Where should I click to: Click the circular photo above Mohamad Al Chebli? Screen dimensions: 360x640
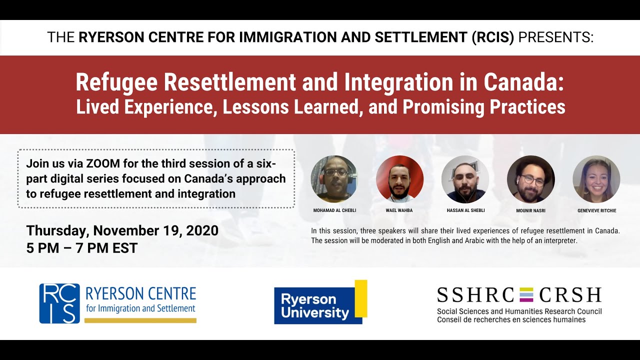334,179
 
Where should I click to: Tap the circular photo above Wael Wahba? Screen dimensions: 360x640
399,179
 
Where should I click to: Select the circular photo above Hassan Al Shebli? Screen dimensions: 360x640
465,179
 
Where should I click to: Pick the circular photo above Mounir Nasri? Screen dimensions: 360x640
530,179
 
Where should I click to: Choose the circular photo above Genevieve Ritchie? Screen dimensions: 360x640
596,179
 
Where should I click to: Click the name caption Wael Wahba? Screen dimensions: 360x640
399,210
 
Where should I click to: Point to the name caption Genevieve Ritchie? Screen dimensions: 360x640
596,210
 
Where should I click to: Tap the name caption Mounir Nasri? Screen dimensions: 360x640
530,210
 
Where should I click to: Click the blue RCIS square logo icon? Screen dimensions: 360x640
59,303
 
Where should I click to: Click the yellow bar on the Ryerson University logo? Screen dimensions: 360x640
361,298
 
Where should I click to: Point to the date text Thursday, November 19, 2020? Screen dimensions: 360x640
122,230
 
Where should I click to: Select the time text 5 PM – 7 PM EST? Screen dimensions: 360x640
82,247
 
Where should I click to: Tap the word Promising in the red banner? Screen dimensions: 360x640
445,107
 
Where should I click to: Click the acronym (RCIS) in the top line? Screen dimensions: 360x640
493,37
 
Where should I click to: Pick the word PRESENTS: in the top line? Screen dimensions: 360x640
556,37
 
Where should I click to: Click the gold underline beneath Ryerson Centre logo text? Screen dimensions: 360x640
140,320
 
